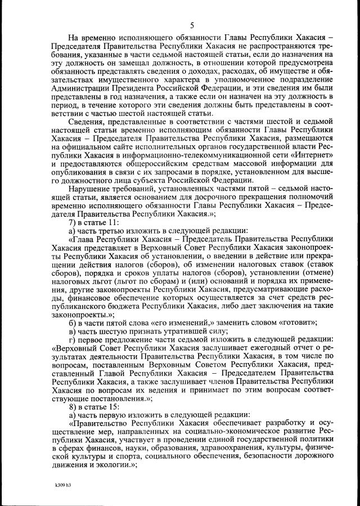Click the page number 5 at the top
click(x=192, y=25)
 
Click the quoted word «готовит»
click(x=296, y=324)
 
